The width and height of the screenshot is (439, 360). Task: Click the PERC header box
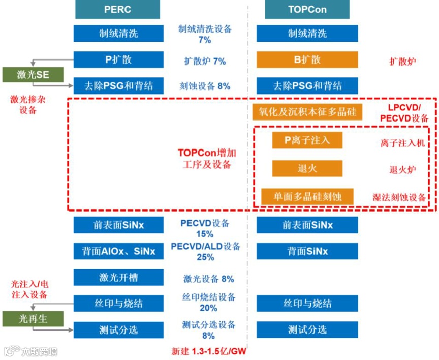coord(117,9)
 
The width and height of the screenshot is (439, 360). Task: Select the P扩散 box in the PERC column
coord(118,59)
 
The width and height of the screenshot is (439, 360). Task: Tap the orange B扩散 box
coord(307,59)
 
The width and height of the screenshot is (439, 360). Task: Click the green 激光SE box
coord(33,75)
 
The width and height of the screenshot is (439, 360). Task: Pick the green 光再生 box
coord(33,319)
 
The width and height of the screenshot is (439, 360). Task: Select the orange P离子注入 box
coord(307,140)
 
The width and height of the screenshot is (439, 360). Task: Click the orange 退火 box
coord(307,168)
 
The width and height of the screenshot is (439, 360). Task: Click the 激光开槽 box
coord(118,278)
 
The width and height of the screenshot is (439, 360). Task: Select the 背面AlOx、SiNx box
coord(118,251)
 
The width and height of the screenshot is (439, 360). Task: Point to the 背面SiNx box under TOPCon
coord(307,251)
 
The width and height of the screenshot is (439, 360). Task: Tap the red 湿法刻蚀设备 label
coord(399,197)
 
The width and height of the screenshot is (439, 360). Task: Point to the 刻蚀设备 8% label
coord(205,86)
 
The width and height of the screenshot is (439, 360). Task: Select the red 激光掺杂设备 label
coord(28,104)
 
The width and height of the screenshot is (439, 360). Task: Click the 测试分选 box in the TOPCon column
coord(307,329)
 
